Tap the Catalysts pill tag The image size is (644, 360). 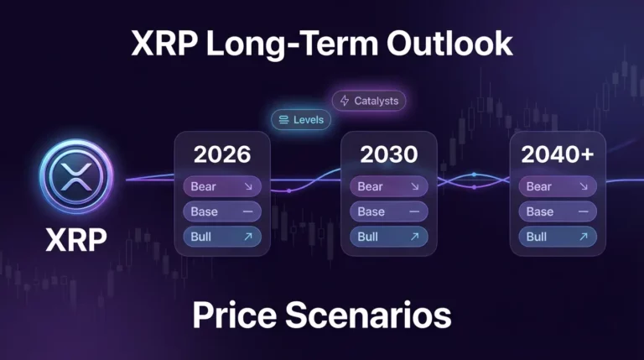click(x=369, y=102)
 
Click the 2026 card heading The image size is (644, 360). click(x=221, y=154)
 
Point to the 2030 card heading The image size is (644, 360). click(x=388, y=154)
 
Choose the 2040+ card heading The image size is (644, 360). click(x=558, y=154)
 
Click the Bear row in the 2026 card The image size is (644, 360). click(x=221, y=186)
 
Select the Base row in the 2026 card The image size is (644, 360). click(x=221, y=211)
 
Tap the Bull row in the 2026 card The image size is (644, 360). click(x=221, y=237)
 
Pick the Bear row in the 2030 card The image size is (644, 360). click(x=388, y=186)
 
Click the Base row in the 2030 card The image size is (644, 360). click(x=388, y=211)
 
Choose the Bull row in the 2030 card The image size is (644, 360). click(x=388, y=237)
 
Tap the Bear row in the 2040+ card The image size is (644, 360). click(x=558, y=186)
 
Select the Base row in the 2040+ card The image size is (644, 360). click(x=558, y=211)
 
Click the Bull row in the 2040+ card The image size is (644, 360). click(x=558, y=237)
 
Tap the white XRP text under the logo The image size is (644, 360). click(x=75, y=241)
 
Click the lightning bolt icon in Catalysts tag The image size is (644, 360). click(x=344, y=102)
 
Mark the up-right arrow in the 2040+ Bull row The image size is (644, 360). click(x=584, y=237)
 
